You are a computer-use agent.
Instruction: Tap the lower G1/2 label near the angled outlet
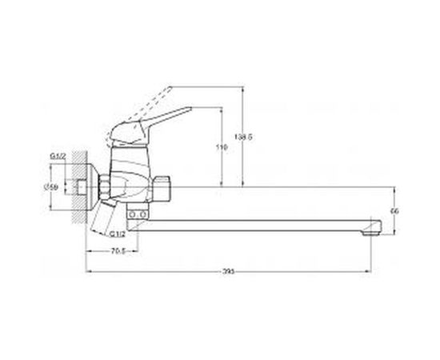[118, 234]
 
